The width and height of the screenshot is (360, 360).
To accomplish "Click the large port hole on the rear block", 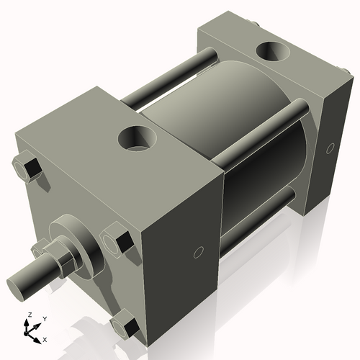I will pyautogui.click(x=272, y=53).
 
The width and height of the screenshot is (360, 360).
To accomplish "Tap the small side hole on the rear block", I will pyautogui.click(x=330, y=148).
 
